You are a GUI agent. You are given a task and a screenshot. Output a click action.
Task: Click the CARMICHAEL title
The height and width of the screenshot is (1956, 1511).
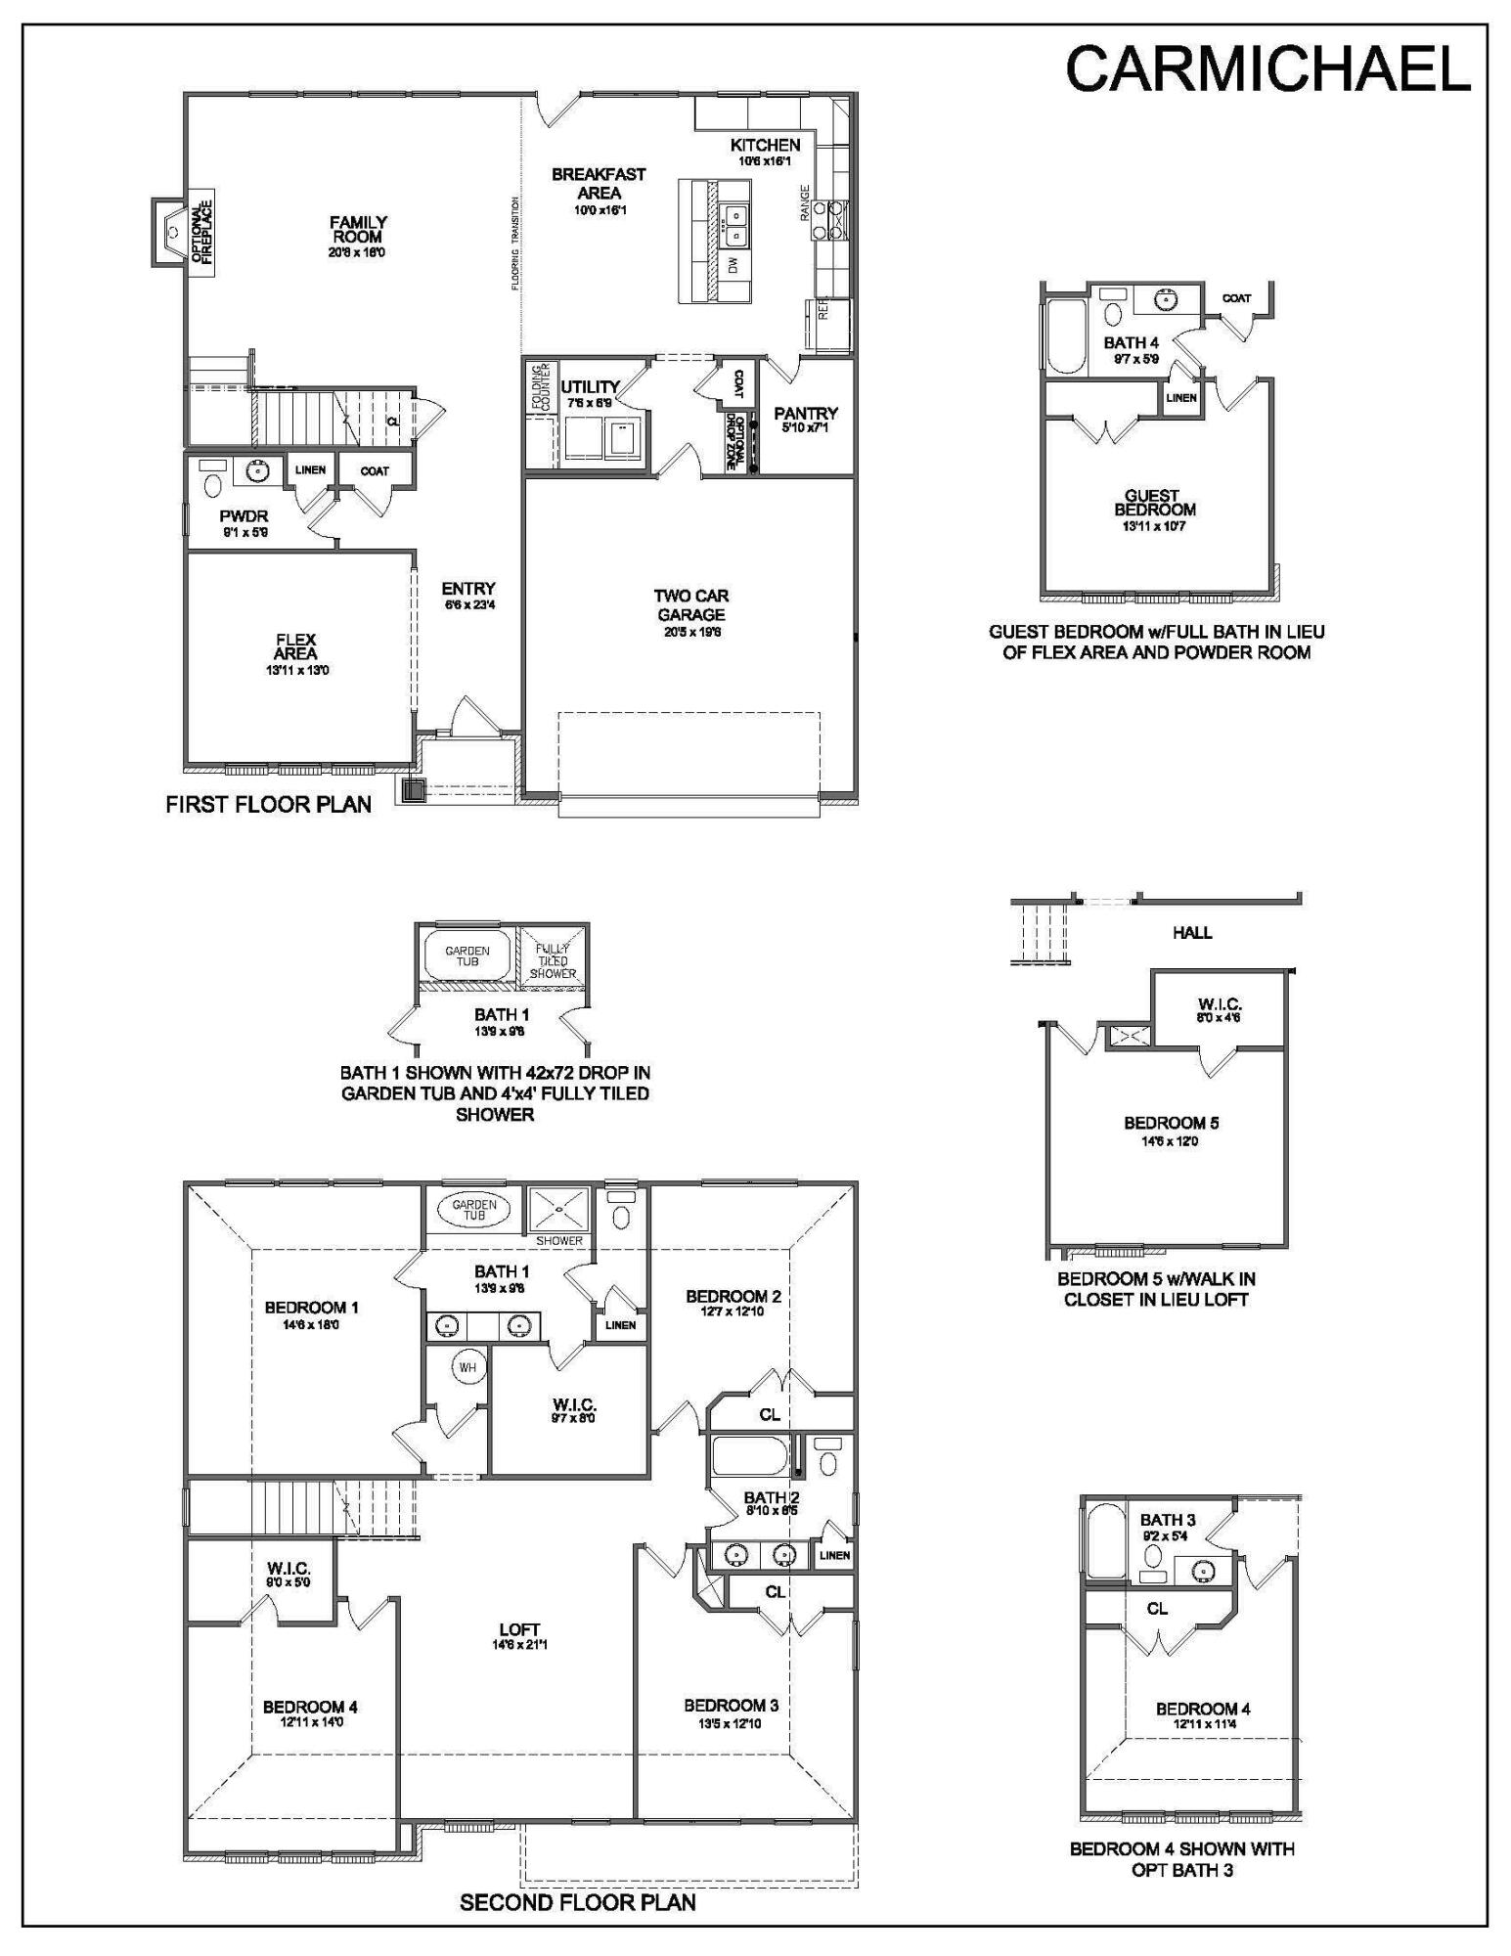1267,69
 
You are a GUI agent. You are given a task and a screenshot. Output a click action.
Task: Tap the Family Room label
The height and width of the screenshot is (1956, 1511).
358,231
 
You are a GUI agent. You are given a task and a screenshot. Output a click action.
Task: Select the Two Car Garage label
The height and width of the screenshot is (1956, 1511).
690,605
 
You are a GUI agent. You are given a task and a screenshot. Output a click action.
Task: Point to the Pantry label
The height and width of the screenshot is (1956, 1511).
806,414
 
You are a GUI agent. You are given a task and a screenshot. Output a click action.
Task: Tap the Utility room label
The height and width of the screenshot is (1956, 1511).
590,387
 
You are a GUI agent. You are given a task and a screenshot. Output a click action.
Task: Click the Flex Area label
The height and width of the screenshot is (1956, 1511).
295,646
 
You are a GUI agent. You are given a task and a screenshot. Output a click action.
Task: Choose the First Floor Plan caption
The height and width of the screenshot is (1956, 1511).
269,805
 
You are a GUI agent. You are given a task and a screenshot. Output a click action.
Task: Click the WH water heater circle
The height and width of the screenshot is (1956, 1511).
467,1367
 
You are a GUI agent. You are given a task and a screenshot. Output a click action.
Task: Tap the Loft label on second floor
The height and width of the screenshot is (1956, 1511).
519,1630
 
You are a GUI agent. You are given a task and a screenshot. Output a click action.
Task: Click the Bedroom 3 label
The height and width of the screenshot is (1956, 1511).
731,1706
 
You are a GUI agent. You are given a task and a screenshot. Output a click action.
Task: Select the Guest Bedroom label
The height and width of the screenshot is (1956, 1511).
1155,503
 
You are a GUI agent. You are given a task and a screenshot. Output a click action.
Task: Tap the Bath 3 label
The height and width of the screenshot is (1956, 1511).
1168,1520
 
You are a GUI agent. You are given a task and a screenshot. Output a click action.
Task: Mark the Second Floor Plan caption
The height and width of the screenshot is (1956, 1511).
577,1902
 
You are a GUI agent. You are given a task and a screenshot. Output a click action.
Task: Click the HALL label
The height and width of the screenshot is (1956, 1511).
1192,933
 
